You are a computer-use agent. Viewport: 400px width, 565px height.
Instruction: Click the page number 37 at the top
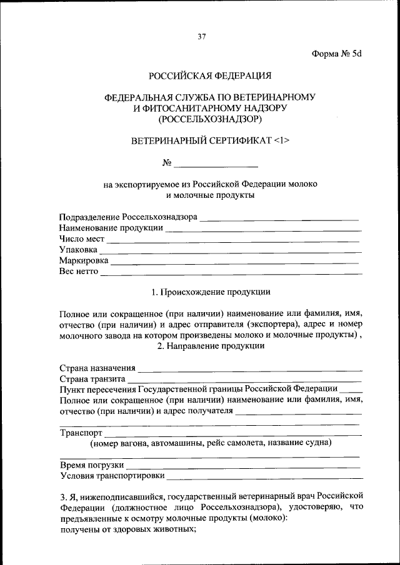tap(201, 36)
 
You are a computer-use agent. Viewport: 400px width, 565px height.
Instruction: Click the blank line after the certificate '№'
tap(216, 165)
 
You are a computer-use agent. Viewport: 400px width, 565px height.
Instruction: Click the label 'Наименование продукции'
tap(111, 228)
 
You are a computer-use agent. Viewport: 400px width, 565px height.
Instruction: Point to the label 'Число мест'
tap(82, 239)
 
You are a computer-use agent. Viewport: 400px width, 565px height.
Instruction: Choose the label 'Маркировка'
tap(84, 260)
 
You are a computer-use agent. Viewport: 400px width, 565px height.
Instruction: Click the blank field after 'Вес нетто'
tap(231, 272)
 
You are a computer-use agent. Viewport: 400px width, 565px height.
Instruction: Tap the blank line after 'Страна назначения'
tap(250, 369)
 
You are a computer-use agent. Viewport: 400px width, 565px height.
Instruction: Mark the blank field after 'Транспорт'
tap(232, 433)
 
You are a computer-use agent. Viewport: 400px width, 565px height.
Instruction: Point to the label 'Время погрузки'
tap(91, 466)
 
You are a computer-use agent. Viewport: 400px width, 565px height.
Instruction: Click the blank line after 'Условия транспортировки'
tap(264, 476)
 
